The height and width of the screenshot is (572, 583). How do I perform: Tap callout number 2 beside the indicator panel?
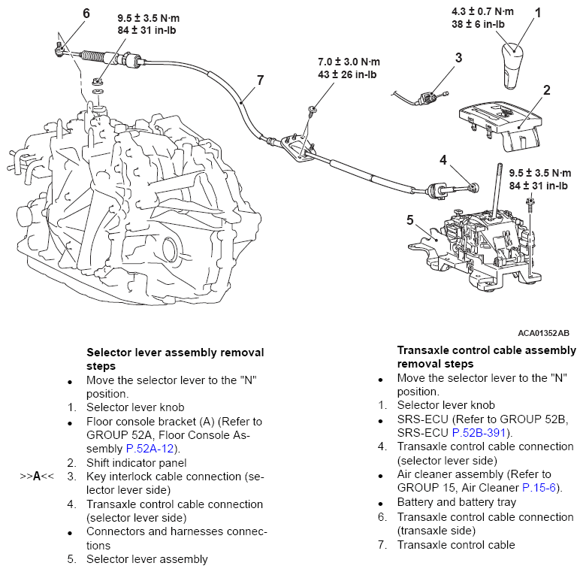point(547,91)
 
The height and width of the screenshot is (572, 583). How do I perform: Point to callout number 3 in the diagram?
point(458,57)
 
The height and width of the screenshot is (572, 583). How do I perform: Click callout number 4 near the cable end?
point(444,159)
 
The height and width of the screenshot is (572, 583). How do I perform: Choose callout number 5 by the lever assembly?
point(410,220)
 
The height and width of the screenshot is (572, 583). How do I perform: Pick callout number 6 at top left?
point(86,14)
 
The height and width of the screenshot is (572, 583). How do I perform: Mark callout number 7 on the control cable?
point(261,79)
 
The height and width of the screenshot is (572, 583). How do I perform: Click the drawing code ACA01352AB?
point(542,332)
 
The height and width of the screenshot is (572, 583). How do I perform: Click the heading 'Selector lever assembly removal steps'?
point(175,359)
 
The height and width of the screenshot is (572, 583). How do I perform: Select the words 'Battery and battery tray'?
point(457,502)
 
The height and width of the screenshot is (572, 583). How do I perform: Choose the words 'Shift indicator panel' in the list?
point(136,463)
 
